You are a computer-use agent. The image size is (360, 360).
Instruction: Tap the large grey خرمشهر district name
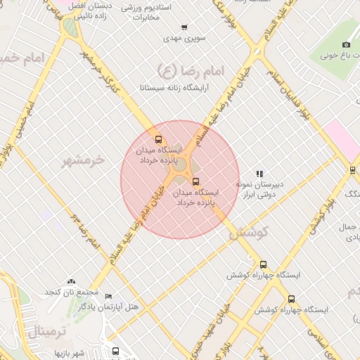83,161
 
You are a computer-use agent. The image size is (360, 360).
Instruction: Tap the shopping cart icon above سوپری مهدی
185,26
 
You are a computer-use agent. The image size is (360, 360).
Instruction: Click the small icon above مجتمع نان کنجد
71,281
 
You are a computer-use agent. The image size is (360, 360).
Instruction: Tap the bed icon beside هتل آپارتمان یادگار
108,297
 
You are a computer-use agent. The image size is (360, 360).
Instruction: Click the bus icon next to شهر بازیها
115,350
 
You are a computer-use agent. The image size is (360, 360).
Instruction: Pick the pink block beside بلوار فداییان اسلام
340,138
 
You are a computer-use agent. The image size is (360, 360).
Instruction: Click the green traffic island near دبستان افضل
70,28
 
